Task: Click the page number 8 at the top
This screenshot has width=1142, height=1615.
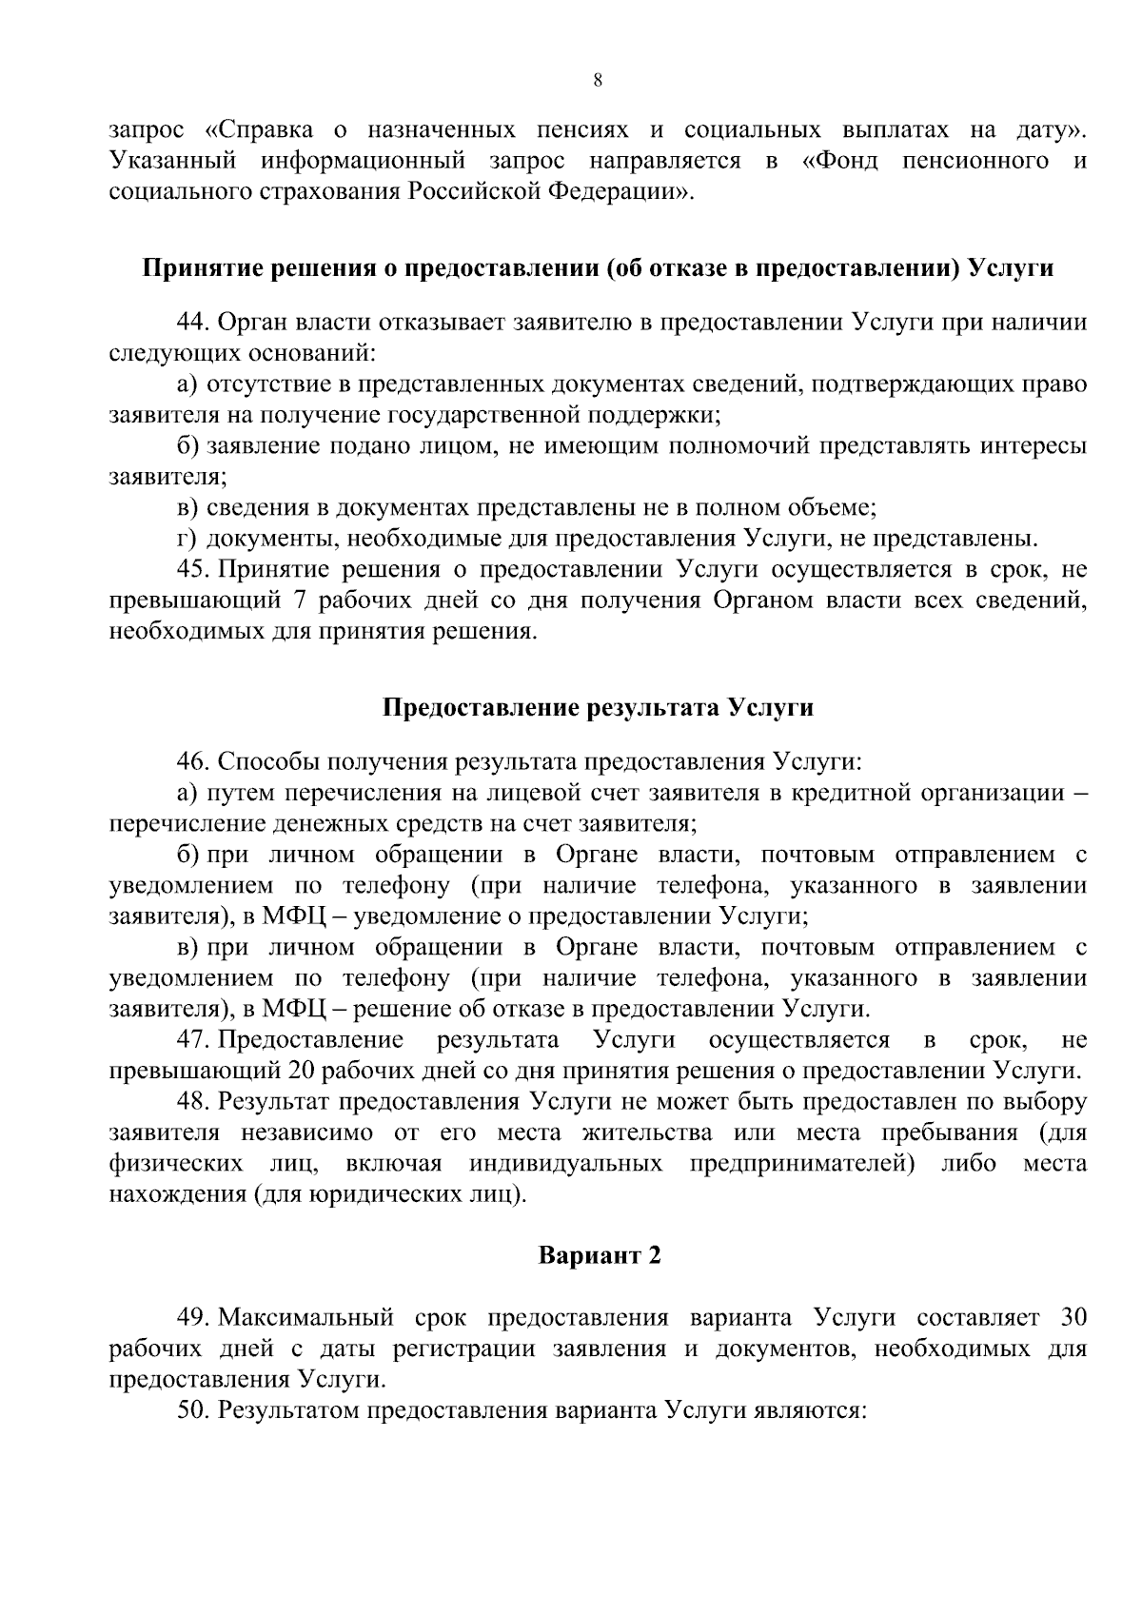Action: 597,81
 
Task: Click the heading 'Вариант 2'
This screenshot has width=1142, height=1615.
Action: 600,1255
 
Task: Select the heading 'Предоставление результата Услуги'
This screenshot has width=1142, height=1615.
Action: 599,708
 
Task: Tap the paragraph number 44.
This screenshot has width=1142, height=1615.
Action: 193,323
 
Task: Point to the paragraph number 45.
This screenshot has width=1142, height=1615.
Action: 193,570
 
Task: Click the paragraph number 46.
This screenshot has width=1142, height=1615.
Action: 193,762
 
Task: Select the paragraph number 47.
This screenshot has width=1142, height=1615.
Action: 193,1039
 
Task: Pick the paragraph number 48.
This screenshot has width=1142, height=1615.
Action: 193,1102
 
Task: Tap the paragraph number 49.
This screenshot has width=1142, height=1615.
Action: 193,1318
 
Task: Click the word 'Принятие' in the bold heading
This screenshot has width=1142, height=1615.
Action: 194,268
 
